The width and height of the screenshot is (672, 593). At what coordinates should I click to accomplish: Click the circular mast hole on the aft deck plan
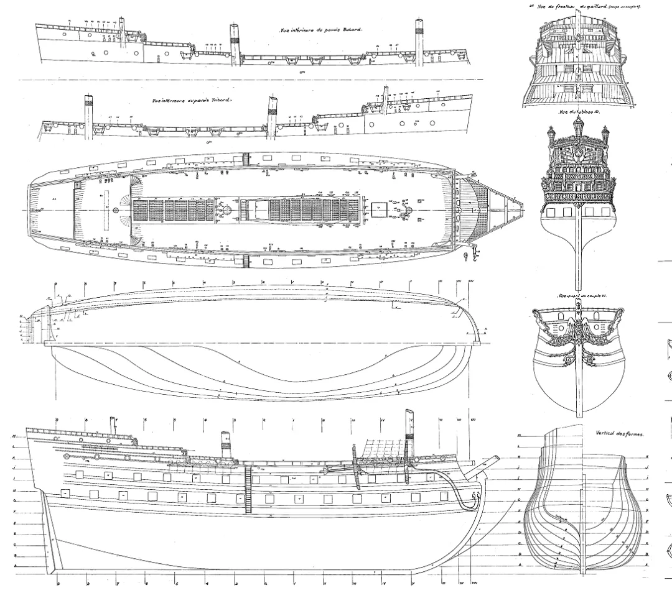tap(116, 211)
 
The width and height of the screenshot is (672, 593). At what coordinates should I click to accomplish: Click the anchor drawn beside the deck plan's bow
tap(465, 256)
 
